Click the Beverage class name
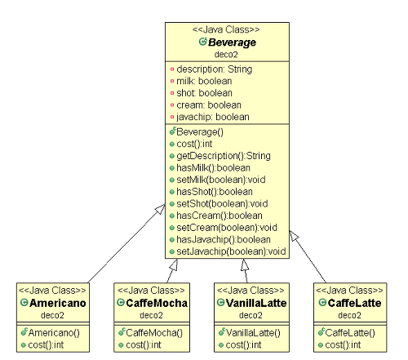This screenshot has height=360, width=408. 232,42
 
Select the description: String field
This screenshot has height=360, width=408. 215,69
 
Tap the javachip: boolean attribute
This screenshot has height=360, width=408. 213,117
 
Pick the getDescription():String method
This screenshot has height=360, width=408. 224,156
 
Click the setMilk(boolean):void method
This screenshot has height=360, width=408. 221,180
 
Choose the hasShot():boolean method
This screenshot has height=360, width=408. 215,192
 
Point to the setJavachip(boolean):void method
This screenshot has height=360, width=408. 231,251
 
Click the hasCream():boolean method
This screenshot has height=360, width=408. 220,216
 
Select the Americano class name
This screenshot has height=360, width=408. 58,303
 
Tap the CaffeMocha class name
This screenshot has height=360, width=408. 157,303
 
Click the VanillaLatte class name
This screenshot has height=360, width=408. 256,303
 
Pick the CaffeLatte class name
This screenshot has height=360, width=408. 354,303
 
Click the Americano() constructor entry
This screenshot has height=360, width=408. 54,333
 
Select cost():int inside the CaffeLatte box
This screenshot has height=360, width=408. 343,345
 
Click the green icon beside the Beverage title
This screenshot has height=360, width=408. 203,42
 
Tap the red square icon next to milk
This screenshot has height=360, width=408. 172,81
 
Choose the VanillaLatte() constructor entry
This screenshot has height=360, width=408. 253,333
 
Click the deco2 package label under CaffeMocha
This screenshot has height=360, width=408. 151,315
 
